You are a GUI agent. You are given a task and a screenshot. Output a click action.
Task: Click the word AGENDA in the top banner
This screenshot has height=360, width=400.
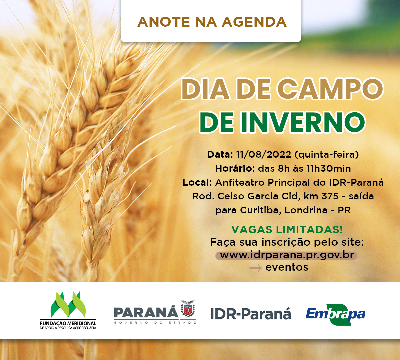tap(254, 22)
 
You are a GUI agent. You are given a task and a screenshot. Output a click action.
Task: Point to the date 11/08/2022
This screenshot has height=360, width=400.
tap(263, 155)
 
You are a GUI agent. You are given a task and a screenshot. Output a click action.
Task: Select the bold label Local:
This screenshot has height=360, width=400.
tap(197, 182)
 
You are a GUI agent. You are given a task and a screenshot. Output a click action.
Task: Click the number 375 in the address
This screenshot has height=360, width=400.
tap(330, 196)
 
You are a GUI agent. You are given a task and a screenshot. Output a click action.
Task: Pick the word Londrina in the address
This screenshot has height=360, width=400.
tap(306, 210)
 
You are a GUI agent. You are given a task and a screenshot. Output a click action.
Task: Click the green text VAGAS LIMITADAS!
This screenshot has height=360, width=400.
tap(287, 230)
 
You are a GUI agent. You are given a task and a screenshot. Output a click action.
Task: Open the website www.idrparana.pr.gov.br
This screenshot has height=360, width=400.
tap(287, 255)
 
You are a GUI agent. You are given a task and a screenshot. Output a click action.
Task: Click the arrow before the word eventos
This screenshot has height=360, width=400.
tap(256, 268)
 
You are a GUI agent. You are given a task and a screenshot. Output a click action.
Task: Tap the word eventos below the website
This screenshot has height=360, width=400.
tap(287, 267)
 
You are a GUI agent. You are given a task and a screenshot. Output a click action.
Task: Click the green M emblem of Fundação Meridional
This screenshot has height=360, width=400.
tap(68, 305)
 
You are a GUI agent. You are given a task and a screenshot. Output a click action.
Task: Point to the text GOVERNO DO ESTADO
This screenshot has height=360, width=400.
tap(155, 323)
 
